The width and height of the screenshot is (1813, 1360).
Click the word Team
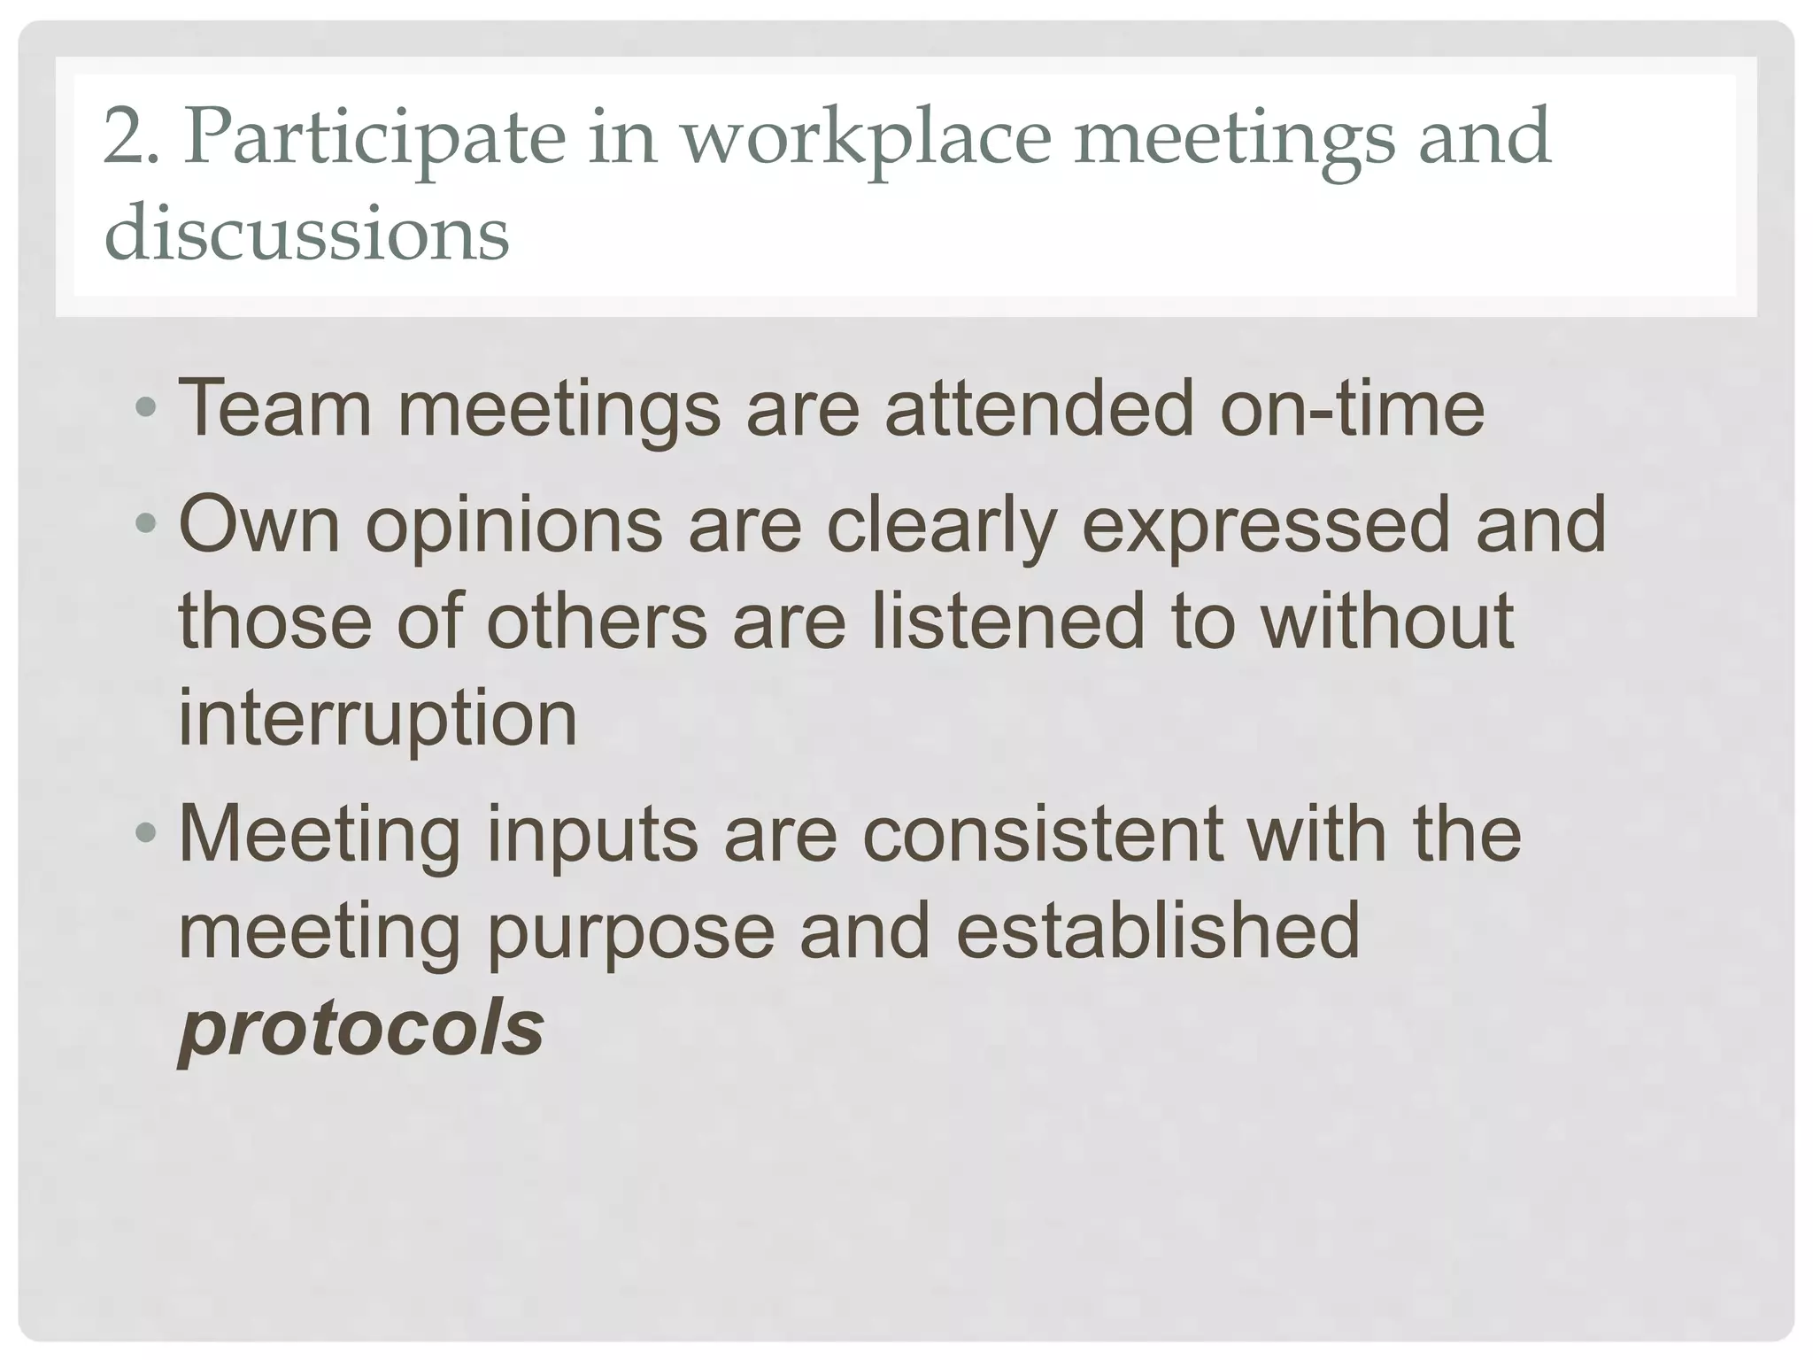[274, 408]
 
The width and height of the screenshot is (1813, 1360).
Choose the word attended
[1039, 408]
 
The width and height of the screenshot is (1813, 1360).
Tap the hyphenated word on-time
[1352, 408]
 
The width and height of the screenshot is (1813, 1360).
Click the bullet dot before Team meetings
[146, 410]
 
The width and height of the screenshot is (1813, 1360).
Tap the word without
[1387, 621]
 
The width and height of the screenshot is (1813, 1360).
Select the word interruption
[378, 720]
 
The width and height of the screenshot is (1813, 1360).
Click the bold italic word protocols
[361, 1030]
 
